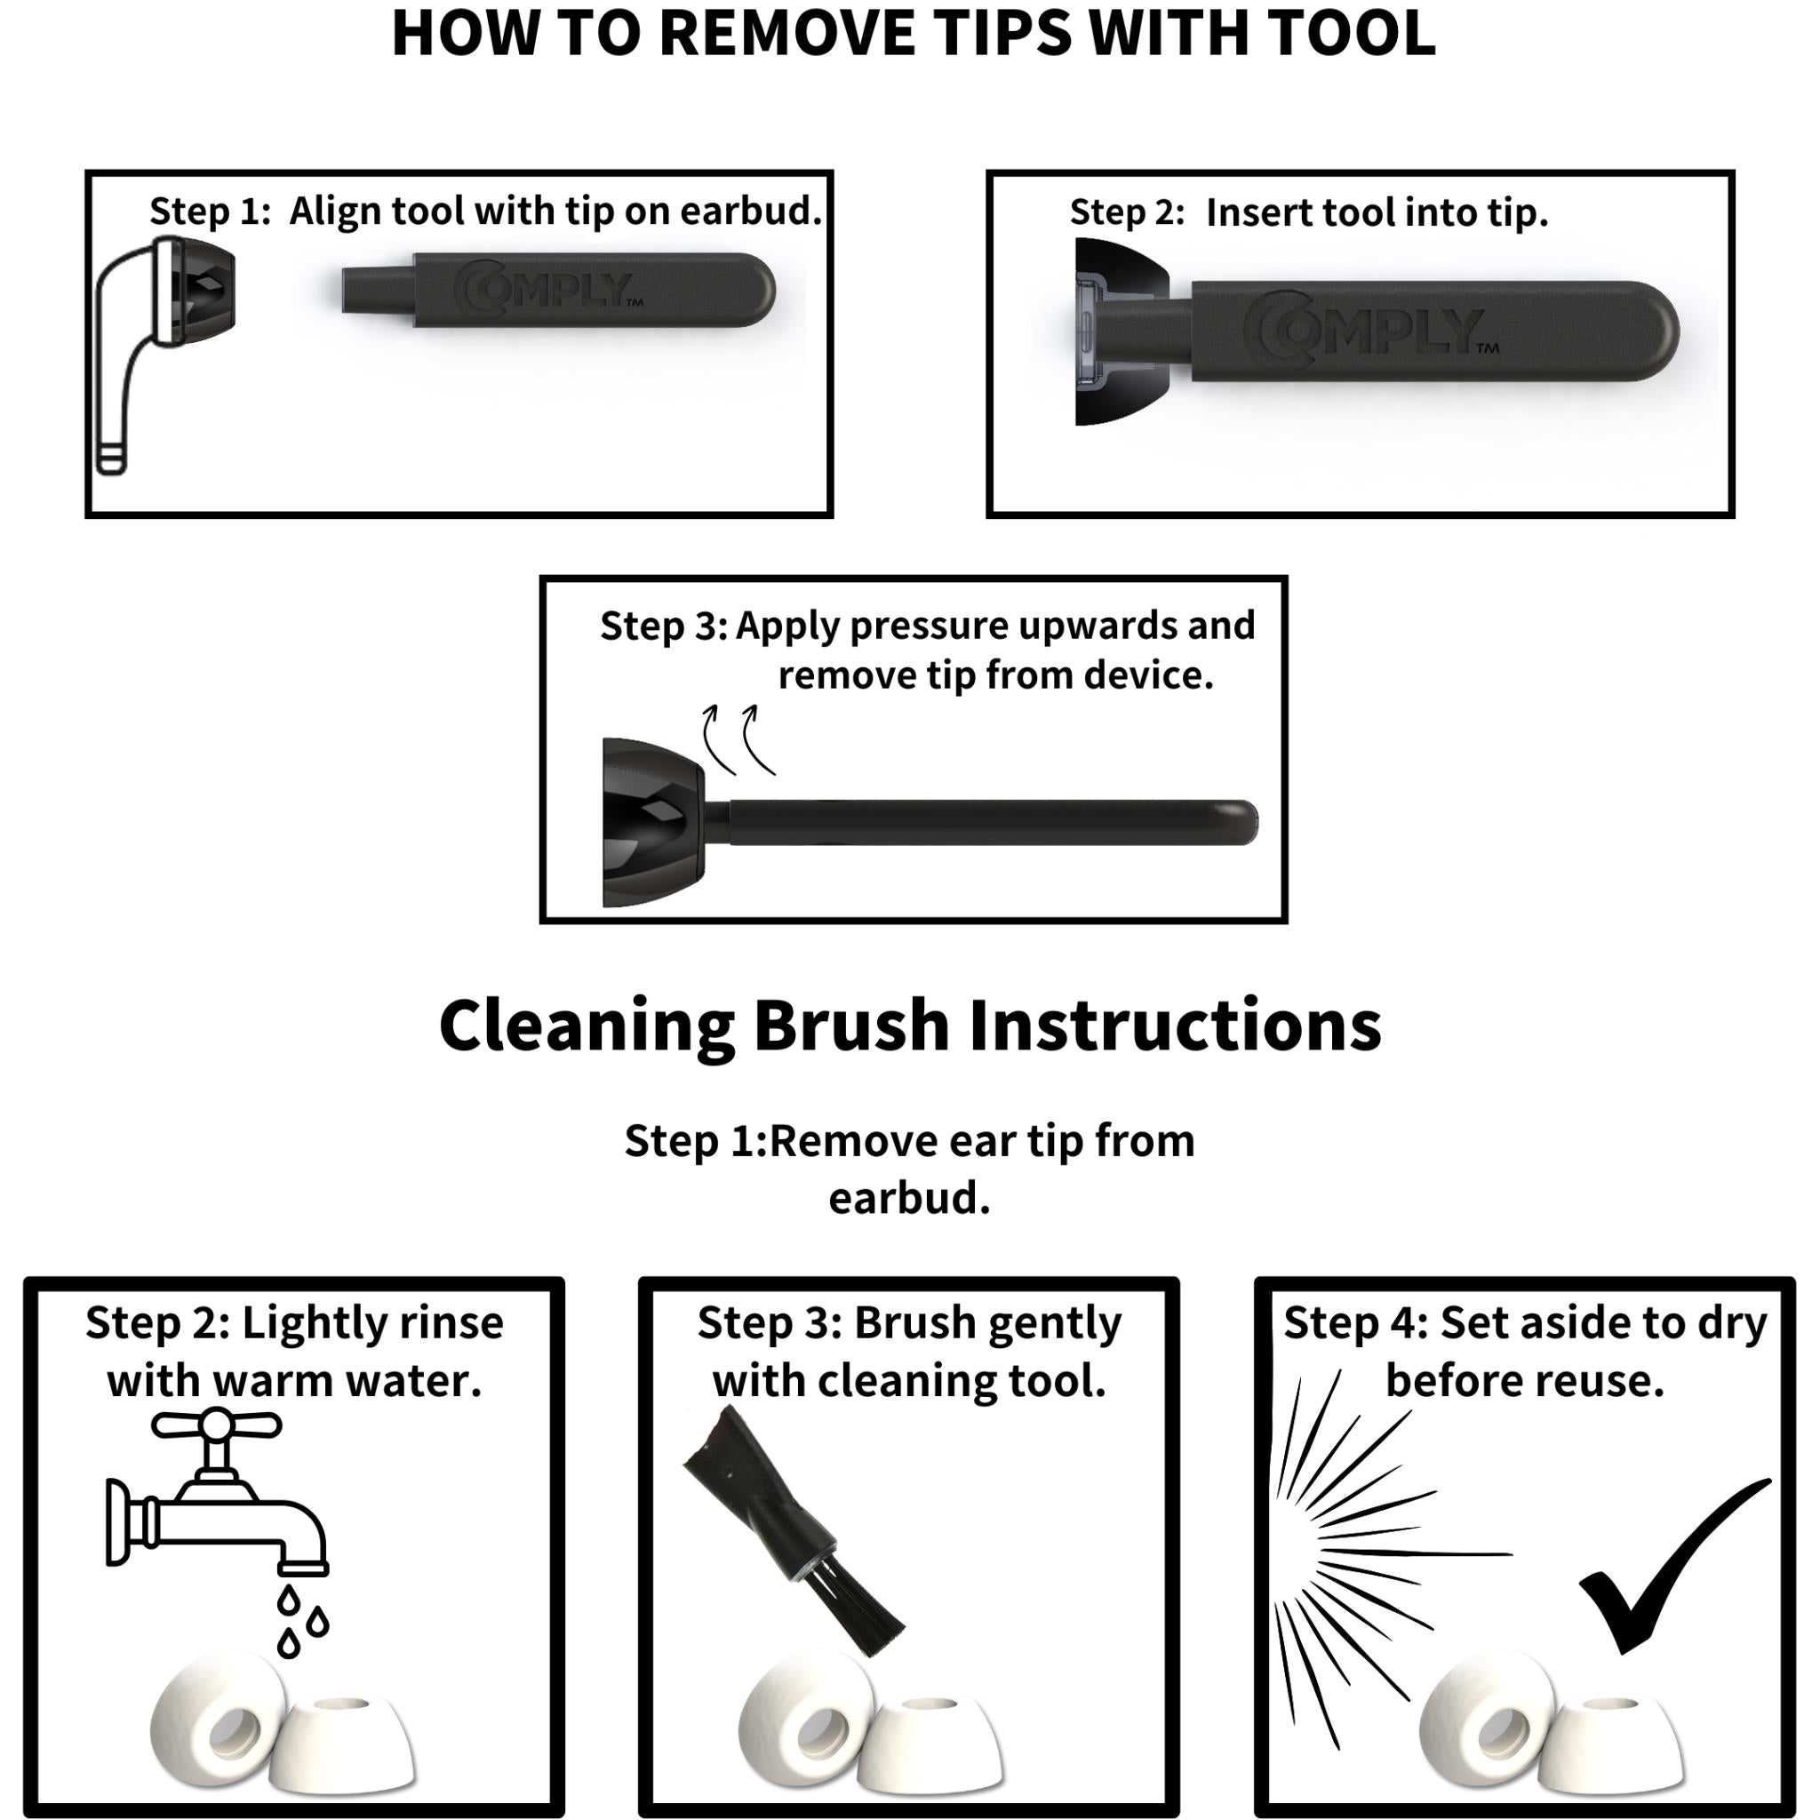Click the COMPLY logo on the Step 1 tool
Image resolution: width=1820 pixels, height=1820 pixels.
[x=547, y=290]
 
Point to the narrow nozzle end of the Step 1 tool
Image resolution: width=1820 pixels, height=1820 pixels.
[x=377, y=290]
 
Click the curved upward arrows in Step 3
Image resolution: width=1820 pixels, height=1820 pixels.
[x=740, y=739]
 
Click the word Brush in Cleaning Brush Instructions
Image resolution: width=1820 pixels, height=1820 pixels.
[x=851, y=1026]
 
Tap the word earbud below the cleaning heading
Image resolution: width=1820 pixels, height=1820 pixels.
[x=909, y=1198]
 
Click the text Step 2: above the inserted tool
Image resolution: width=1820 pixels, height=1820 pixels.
[x=1127, y=213]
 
